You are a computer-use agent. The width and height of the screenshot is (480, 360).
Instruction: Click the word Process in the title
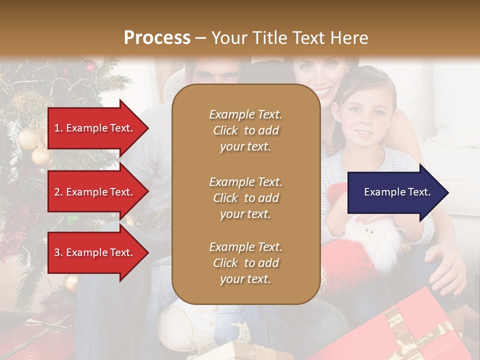[x=157, y=37]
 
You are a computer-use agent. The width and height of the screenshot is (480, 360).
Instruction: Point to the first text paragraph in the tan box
[x=245, y=130]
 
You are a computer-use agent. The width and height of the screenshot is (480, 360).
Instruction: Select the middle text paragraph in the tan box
[x=245, y=198]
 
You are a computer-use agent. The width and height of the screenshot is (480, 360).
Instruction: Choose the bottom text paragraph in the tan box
[x=245, y=263]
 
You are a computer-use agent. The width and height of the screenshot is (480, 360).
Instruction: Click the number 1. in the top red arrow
[x=58, y=128]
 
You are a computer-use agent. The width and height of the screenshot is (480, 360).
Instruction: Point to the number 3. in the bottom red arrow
[x=58, y=252]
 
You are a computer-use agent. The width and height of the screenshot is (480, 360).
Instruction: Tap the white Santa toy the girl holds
[x=372, y=240]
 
